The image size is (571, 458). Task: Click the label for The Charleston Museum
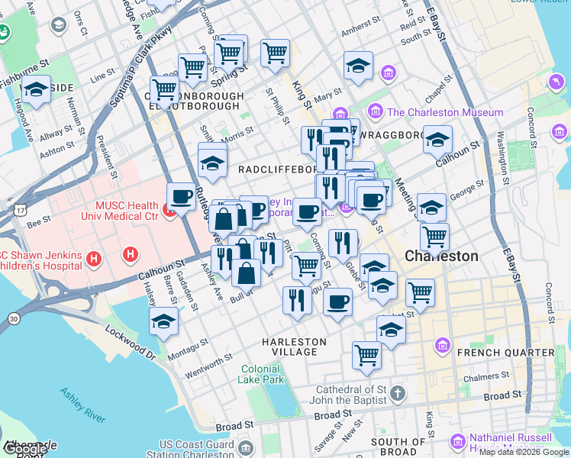point(445,112)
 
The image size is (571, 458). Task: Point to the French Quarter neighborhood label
point(516,352)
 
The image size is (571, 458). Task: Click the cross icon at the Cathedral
point(396,394)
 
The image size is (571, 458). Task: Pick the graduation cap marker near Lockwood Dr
point(164,321)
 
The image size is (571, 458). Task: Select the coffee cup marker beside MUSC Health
point(182,196)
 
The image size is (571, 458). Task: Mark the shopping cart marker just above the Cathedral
point(367,354)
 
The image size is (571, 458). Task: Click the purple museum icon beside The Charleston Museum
point(376,112)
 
